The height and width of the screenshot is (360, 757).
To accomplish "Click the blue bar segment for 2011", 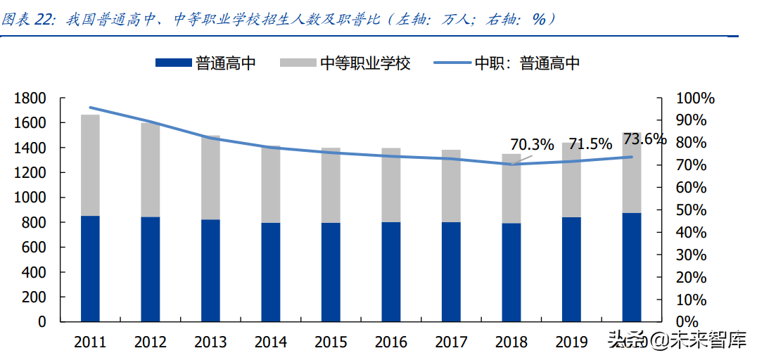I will click(90, 269).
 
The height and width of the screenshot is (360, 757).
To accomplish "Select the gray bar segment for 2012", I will click(150, 169).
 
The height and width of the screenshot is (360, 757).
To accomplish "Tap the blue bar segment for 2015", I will click(331, 272).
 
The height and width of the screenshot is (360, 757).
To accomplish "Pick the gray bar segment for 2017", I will click(451, 186).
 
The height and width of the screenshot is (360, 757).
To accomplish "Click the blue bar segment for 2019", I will click(571, 269).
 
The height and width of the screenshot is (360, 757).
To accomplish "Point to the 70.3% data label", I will click(533, 145).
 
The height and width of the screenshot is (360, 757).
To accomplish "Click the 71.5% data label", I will click(590, 144).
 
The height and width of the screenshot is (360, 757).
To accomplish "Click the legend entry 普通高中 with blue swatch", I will click(205, 63).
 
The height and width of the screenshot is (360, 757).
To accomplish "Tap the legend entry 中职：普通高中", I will click(507, 63).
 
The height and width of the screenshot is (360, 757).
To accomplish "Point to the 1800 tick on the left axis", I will click(32, 98).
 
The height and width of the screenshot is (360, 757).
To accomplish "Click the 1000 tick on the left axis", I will click(32, 198).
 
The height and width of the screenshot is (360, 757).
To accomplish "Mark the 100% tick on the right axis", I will click(694, 98).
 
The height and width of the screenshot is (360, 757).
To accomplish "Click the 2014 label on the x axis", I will click(270, 342).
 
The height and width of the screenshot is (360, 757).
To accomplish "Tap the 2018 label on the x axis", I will click(511, 342).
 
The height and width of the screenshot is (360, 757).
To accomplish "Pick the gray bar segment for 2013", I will click(210, 177).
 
